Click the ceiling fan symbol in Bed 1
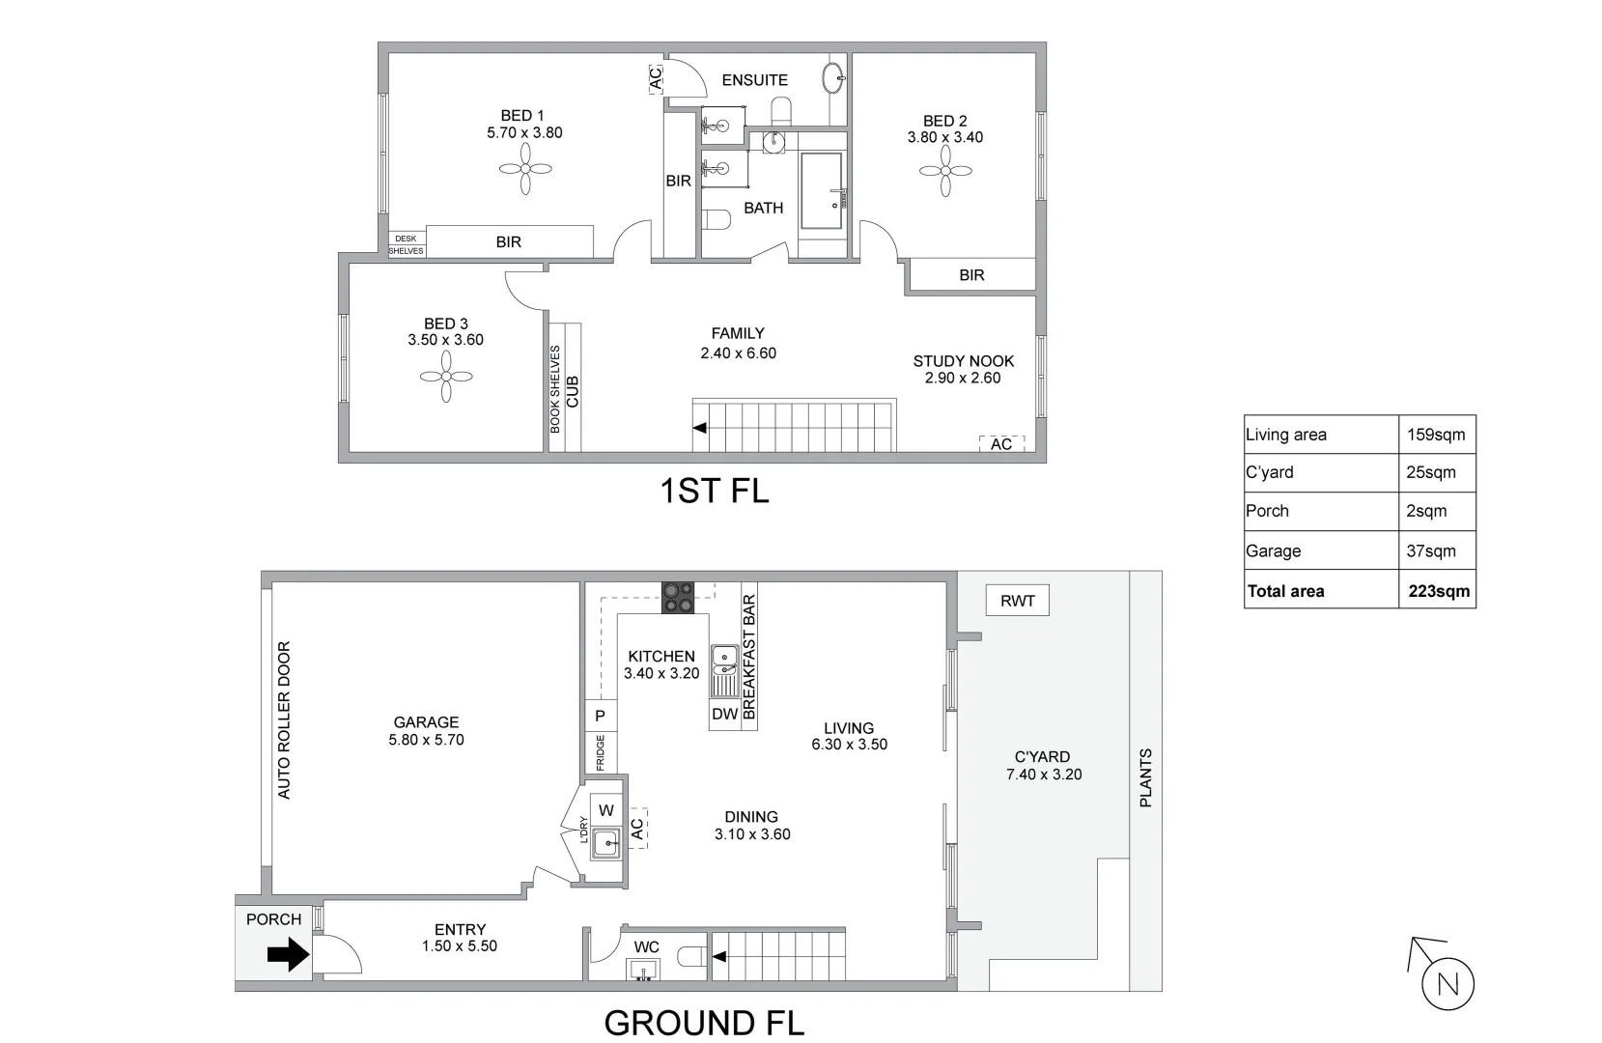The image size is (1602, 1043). (525, 171)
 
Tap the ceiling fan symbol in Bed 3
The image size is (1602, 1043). (446, 377)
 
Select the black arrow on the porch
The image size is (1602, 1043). (288, 956)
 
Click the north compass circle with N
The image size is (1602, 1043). (1447, 985)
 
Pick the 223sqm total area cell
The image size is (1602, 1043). (1438, 591)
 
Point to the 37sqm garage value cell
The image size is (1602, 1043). (1430, 551)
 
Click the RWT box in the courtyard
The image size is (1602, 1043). (1017, 601)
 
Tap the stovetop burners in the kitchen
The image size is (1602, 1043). (678, 597)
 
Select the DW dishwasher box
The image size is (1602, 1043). (724, 715)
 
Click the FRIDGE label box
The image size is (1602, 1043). (600, 752)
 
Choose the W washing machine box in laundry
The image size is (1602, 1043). (606, 810)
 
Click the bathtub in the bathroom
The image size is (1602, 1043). (822, 191)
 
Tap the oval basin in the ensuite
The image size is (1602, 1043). (833, 76)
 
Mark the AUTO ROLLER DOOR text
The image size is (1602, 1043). (284, 719)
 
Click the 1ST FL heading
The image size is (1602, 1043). (714, 491)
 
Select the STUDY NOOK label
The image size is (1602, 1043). (963, 361)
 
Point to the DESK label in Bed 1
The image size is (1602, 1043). (406, 239)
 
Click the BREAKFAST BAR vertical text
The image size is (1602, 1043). (749, 657)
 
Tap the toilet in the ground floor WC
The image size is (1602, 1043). (691, 957)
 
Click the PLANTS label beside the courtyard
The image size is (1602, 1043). (1145, 777)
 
